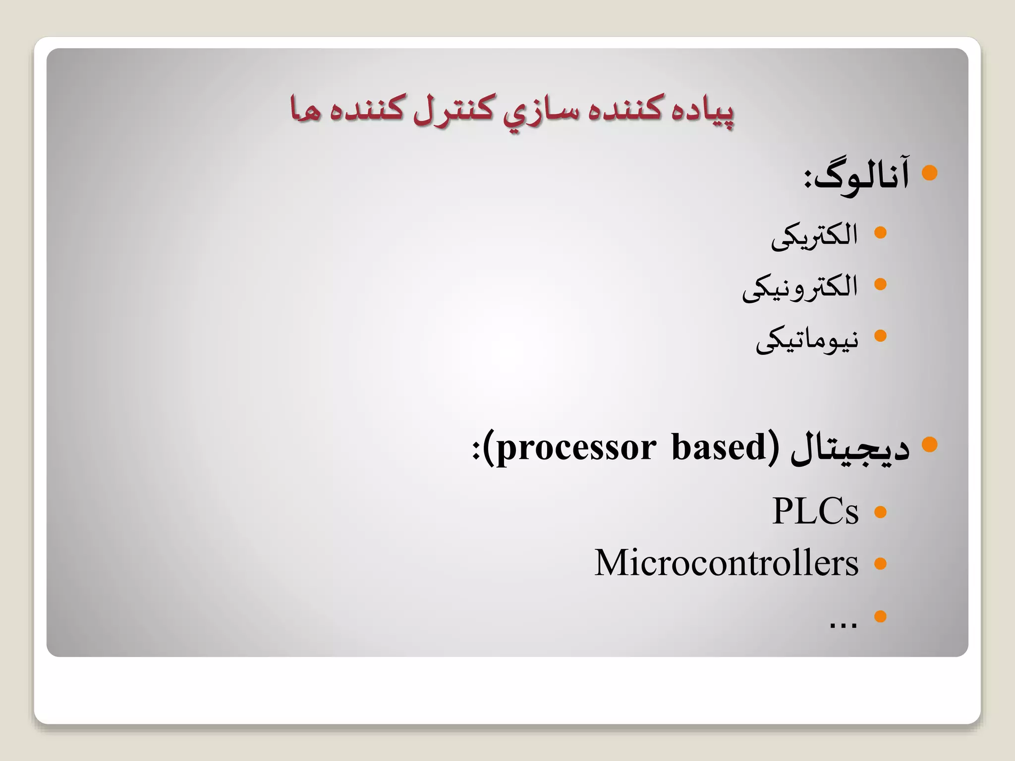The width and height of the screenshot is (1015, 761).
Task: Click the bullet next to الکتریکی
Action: tap(880, 232)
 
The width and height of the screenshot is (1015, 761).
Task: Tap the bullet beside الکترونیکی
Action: tap(880, 284)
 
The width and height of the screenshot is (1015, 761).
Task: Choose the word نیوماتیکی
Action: tap(807, 340)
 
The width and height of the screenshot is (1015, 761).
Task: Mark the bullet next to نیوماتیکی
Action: tap(880, 336)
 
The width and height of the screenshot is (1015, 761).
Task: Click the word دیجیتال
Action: tap(849, 448)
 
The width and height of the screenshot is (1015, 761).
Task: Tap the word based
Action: tap(719, 447)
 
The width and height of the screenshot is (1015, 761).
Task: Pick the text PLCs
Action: tap(815, 511)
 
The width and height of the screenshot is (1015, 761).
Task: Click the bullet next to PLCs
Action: tap(880, 512)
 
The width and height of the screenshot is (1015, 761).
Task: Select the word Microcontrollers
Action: tap(726, 563)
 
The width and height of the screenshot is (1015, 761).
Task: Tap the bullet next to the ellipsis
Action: tap(880, 616)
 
